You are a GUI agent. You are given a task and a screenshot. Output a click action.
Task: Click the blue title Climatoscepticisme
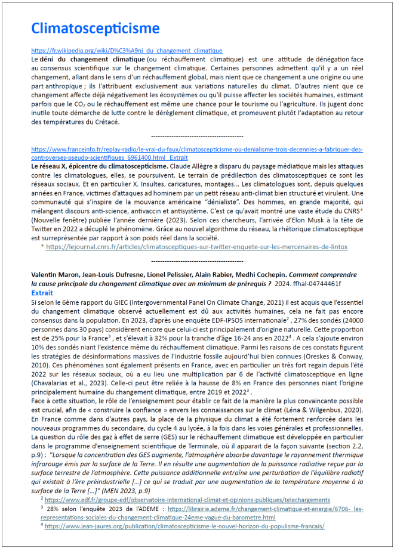95,28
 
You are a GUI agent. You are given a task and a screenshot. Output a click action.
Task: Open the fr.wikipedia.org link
127,51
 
